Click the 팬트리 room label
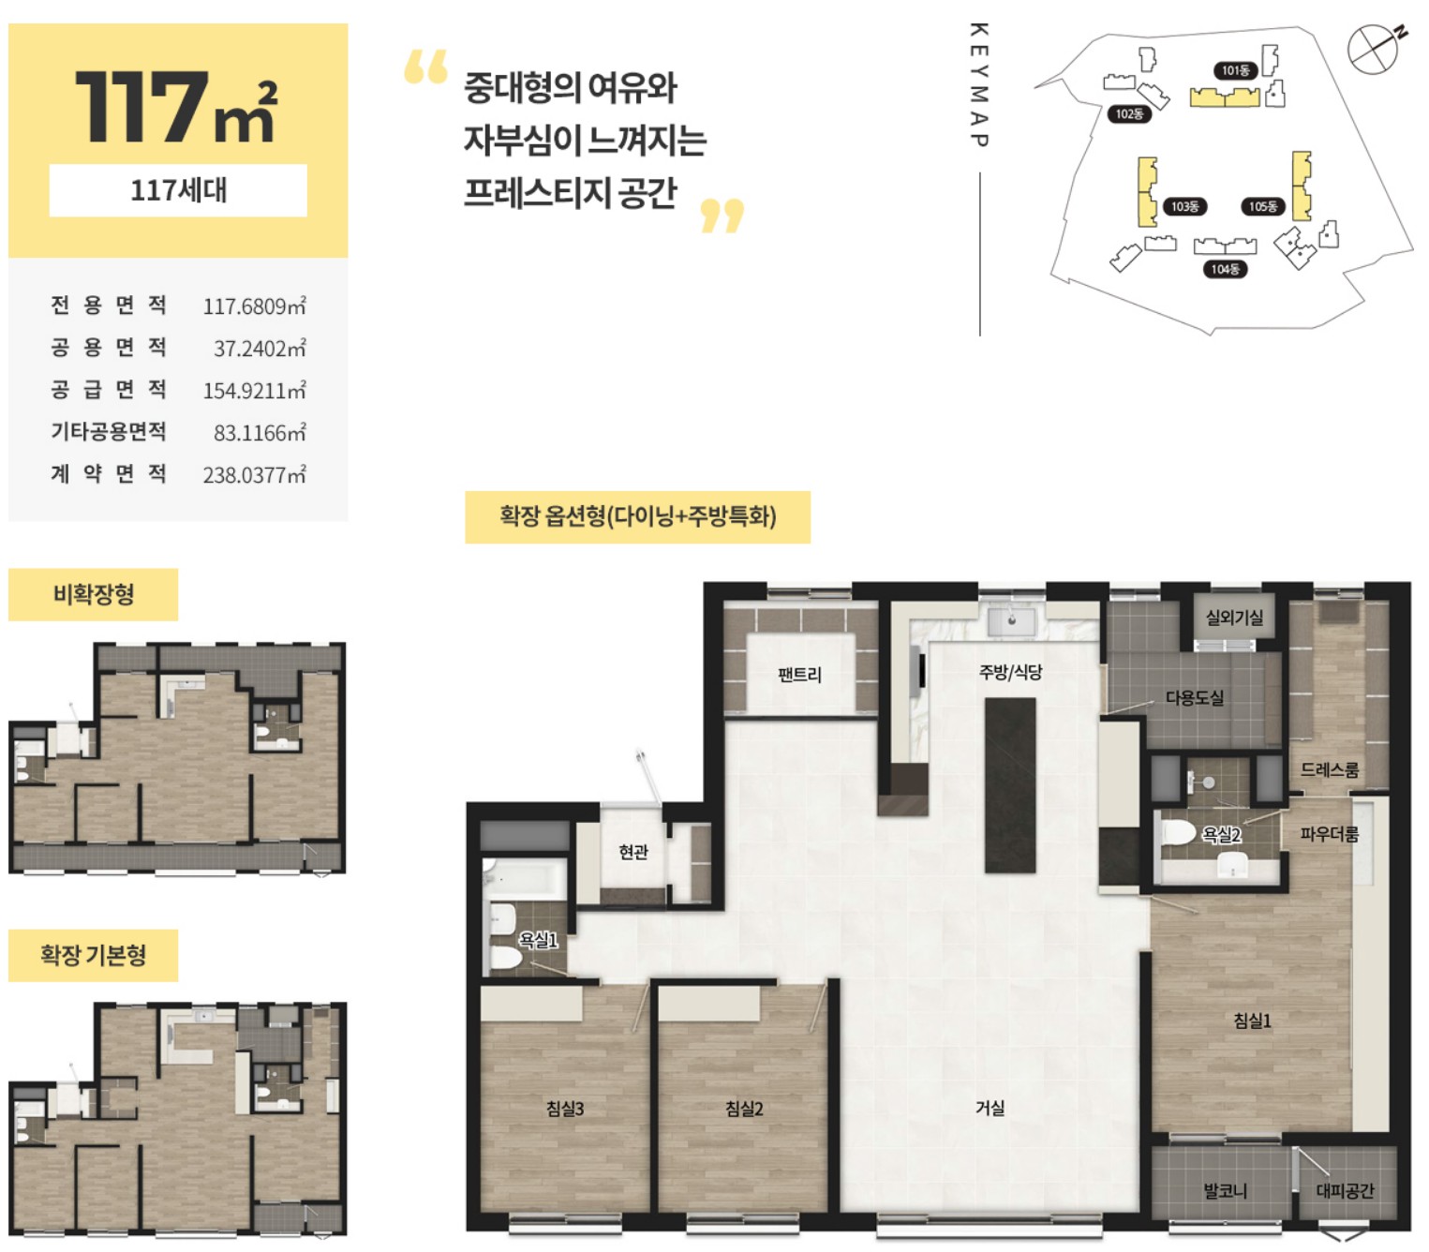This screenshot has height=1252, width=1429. click(798, 675)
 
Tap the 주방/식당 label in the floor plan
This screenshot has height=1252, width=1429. click(1009, 672)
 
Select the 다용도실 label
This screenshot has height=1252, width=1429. click(1194, 697)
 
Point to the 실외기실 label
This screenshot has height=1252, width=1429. click(1233, 618)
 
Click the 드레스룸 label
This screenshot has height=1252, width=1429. click(1328, 768)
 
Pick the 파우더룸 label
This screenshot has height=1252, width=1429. click(1328, 834)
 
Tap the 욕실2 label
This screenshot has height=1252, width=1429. click(1220, 834)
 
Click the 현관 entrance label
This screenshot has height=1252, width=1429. click(633, 851)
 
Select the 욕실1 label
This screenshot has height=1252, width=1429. click(538, 939)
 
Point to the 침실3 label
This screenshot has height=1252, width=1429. click(564, 1108)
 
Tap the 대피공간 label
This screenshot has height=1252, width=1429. click(1344, 1191)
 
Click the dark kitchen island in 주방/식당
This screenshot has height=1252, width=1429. click(1009, 785)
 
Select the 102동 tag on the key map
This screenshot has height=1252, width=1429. click(1128, 113)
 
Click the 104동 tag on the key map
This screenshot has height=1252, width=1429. click(1224, 269)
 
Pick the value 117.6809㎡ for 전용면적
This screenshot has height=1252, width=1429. click(254, 306)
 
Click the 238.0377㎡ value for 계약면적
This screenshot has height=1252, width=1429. click(254, 474)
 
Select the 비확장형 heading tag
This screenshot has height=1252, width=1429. click(93, 594)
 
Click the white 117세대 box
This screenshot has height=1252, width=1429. click(178, 189)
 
